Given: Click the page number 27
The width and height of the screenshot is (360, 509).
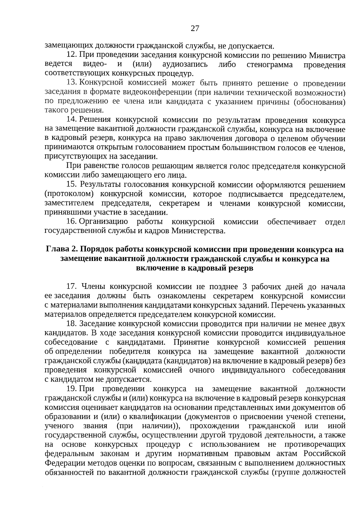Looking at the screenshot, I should tap(195, 28).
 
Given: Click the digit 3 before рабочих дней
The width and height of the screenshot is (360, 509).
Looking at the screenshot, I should tap(244, 287).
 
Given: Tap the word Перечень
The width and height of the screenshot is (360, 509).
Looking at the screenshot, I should tap(290, 305).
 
